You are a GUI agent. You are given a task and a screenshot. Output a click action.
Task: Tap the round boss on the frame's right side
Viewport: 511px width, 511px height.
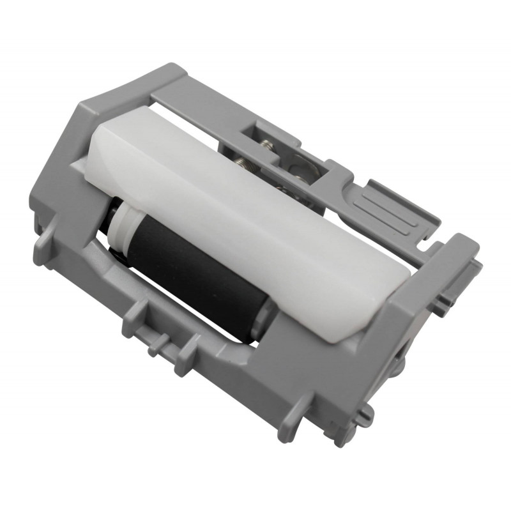point(399,367)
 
